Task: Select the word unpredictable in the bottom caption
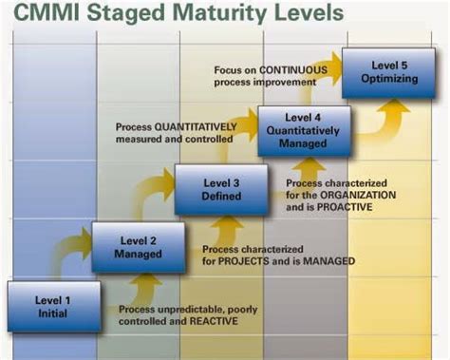(187, 310)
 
